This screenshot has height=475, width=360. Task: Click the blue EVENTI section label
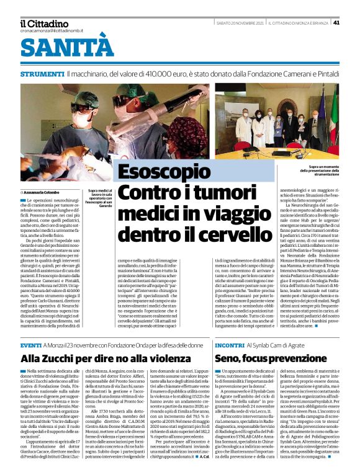tap(30, 344)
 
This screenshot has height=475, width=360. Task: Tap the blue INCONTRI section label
tap(230, 344)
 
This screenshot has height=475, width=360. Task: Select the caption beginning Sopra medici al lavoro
tap(99, 198)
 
